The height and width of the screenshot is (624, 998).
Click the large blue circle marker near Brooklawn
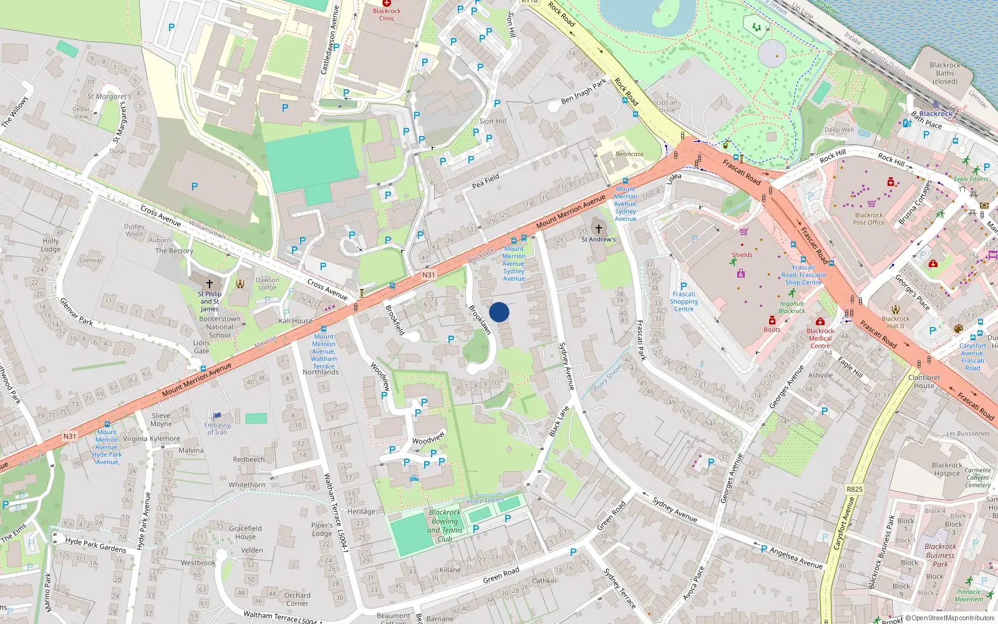click(x=499, y=312)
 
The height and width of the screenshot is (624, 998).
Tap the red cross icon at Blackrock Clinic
click(x=387, y=3)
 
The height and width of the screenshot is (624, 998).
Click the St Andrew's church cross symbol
click(x=598, y=229)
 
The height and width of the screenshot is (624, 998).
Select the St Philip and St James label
click(x=210, y=301)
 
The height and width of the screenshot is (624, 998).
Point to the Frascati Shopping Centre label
click(x=684, y=301)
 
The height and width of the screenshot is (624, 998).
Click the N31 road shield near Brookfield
click(x=428, y=275)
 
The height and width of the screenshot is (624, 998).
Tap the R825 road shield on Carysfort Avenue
click(x=854, y=489)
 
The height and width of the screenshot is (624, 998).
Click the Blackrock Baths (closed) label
click(x=944, y=73)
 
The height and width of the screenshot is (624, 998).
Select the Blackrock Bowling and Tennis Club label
click(x=445, y=525)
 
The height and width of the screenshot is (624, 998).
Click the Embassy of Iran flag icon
click(x=217, y=416)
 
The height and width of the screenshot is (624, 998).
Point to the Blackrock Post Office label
click(x=869, y=218)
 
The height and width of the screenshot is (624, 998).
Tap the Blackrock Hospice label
click(x=947, y=469)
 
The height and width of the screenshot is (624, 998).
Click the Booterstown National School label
click(x=220, y=327)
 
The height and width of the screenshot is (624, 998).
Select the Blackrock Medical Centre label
click(x=820, y=338)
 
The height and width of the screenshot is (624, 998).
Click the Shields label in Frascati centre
click(x=742, y=255)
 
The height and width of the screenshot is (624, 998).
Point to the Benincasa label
click(x=629, y=154)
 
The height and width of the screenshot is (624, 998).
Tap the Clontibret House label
click(x=924, y=381)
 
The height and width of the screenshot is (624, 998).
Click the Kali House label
click(x=296, y=321)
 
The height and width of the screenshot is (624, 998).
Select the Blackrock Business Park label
click(x=940, y=555)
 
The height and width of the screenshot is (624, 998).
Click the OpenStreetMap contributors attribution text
click(x=952, y=618)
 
